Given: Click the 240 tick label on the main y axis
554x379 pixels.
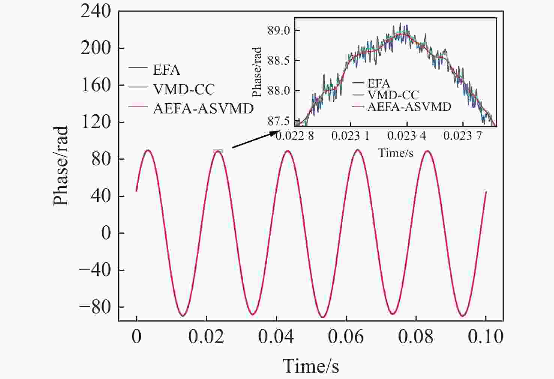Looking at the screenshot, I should coord(96,11).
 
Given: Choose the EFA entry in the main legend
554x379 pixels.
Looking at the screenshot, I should coord(166,70).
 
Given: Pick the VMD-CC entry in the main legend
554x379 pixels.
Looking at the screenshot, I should coord(184,89).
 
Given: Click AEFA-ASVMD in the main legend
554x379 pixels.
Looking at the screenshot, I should coord(203,109).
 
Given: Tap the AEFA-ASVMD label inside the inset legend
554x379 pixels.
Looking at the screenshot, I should coord(409,107).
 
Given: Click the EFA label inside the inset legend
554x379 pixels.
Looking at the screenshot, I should coord(378,83).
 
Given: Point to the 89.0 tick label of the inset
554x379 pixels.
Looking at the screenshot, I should coord(279,30).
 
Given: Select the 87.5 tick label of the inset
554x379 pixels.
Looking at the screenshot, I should coord(279,121).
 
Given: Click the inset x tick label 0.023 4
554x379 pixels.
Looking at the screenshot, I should coord(406,136).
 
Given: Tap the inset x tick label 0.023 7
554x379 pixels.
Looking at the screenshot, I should coord(462,136).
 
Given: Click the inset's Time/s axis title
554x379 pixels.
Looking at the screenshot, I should coord(396,153).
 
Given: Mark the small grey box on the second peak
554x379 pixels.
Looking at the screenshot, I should coord(218,151).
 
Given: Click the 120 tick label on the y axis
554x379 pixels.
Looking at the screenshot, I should coord(96,122).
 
